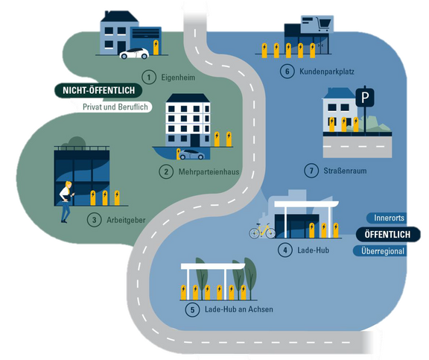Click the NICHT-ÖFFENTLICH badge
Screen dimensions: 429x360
click(x=98, y=90)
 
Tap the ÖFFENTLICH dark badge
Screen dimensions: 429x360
click(x=388, y=234)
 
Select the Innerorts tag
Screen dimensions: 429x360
click(x=387, y=218)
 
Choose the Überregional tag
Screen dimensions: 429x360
click(x=381, y=251)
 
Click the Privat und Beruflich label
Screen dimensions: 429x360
click(x=115, y=107)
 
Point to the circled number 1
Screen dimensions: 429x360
click(x=149, y=78)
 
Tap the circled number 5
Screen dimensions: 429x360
click(x=192, y=310)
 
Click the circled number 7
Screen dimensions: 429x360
click(x=311, y=171)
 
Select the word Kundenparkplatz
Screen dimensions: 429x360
click(x=327, y=72)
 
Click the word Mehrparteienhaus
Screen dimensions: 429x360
click(x=209, y=172)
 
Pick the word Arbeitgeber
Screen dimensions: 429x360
click(x=126, y=220)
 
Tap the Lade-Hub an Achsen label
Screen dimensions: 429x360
click(x=239, y=309)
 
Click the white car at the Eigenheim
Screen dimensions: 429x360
click(x=134, y=54)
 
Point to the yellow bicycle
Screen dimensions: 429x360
click(x=262, y=231)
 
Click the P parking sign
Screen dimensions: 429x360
click(x=365, y=97)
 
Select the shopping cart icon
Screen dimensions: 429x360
click(x=322, y=24)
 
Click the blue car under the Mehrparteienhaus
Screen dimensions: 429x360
click(x=192, y=154)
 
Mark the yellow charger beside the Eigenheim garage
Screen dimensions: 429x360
click(x=156, y=48)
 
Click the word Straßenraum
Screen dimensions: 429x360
click(x=345, y=171)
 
